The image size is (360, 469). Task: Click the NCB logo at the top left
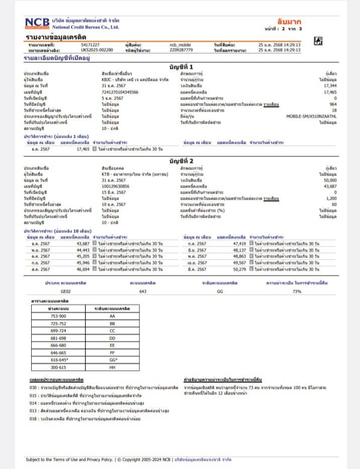coord(37,23)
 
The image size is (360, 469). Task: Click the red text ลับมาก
coord(289,22)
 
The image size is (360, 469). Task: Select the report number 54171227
coord(90,45)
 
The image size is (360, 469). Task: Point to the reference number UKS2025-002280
coord(97,50)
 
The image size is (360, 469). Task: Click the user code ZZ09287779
coord(181,50)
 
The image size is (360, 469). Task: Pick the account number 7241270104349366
coord(120,92)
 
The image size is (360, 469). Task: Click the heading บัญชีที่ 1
coord(182,67)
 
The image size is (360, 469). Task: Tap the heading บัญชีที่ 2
coord(182,161)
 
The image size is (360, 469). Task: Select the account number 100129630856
coord(115,186)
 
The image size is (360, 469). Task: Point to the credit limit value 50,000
coord(330,180)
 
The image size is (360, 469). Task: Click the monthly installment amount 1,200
coord(331,198)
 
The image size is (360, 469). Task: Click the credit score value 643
coord(143,291)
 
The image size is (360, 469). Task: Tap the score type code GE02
coord(66,291)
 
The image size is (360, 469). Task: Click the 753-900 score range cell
coord(58,316)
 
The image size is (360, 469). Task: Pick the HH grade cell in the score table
coord(112,368)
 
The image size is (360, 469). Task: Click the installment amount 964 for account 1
coord(332,104)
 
